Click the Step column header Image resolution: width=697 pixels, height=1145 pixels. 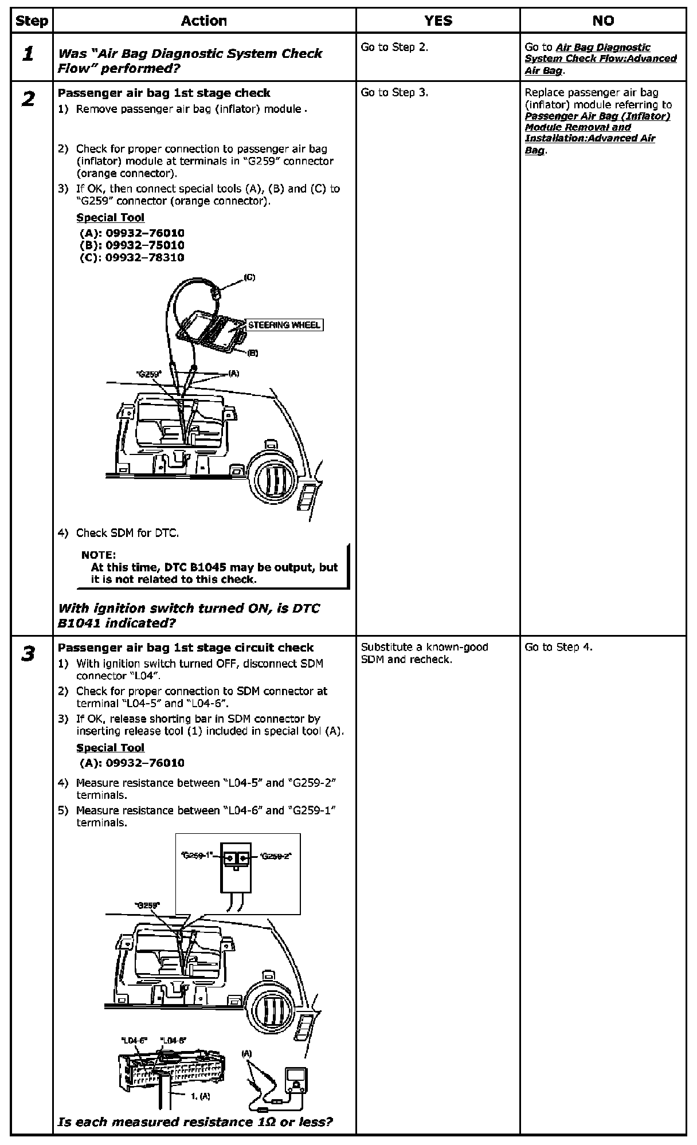tap(32, 21)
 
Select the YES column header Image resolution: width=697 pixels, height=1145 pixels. tap(438, 21)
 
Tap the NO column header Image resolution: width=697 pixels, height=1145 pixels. tap(603, 21)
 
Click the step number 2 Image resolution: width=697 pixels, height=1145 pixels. tap(28, 99)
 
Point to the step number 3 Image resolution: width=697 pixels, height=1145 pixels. tap(28, 654)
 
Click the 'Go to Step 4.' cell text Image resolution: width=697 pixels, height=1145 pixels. tap(558, 648)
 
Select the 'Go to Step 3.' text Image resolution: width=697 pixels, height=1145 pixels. tap(394, 93)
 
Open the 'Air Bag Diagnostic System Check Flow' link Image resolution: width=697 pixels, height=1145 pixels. tap(600, 58)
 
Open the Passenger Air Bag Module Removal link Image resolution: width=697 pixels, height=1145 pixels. tap(597, 127)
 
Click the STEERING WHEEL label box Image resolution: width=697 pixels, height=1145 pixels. tap(284, 325)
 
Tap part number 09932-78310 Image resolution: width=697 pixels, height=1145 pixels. tap(144, 257)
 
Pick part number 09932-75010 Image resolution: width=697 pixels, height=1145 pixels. tap(144, 245)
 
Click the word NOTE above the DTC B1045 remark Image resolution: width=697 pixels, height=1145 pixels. tap(99, 555)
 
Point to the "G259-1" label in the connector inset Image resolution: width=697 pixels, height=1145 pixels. tap(197, 856)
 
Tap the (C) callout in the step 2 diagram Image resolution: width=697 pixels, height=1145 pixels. tap(249, 277)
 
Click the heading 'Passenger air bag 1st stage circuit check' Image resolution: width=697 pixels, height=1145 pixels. tap(186, 648)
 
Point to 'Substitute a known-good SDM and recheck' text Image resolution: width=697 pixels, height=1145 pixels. tap(424, 653)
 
